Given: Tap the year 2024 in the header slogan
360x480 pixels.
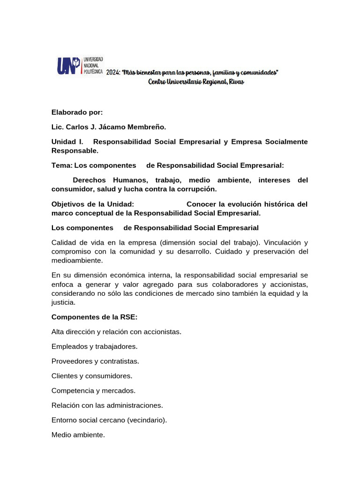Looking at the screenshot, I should [x=112, y=73].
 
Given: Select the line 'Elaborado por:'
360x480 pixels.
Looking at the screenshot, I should [x=77, y=112].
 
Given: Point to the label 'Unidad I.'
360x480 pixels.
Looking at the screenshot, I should [x=67, y=142].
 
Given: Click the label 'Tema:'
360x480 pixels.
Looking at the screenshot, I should [x=62, y=165].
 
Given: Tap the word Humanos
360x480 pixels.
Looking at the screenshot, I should [x=130, y=180].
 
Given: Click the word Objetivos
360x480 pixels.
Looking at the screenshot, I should [x=69, y=204].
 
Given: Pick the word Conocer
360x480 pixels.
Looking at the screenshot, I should [x=202, y=204].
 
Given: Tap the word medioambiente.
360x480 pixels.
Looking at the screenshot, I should [x=77, y=260].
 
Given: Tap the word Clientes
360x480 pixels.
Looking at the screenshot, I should [x=65, y=376].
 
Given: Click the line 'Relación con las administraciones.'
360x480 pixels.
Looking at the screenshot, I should [x=107, y=405].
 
